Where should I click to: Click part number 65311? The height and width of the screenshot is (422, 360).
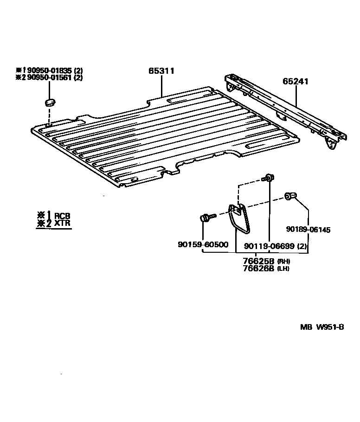(x=161, y=71)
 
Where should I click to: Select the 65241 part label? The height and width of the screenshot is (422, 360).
(x=296, y=82)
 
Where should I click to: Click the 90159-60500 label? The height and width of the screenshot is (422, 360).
(x=203, y=244)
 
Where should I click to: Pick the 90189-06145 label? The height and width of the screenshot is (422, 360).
(x=308, y=230)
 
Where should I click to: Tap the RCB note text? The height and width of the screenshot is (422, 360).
(x=62, y=216)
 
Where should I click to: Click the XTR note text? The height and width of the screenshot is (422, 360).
(x=62, y=224)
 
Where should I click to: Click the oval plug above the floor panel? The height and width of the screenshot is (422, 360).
(x=50, y=102)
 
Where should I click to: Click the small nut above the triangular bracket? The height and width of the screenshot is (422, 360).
(x=268, y=178)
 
